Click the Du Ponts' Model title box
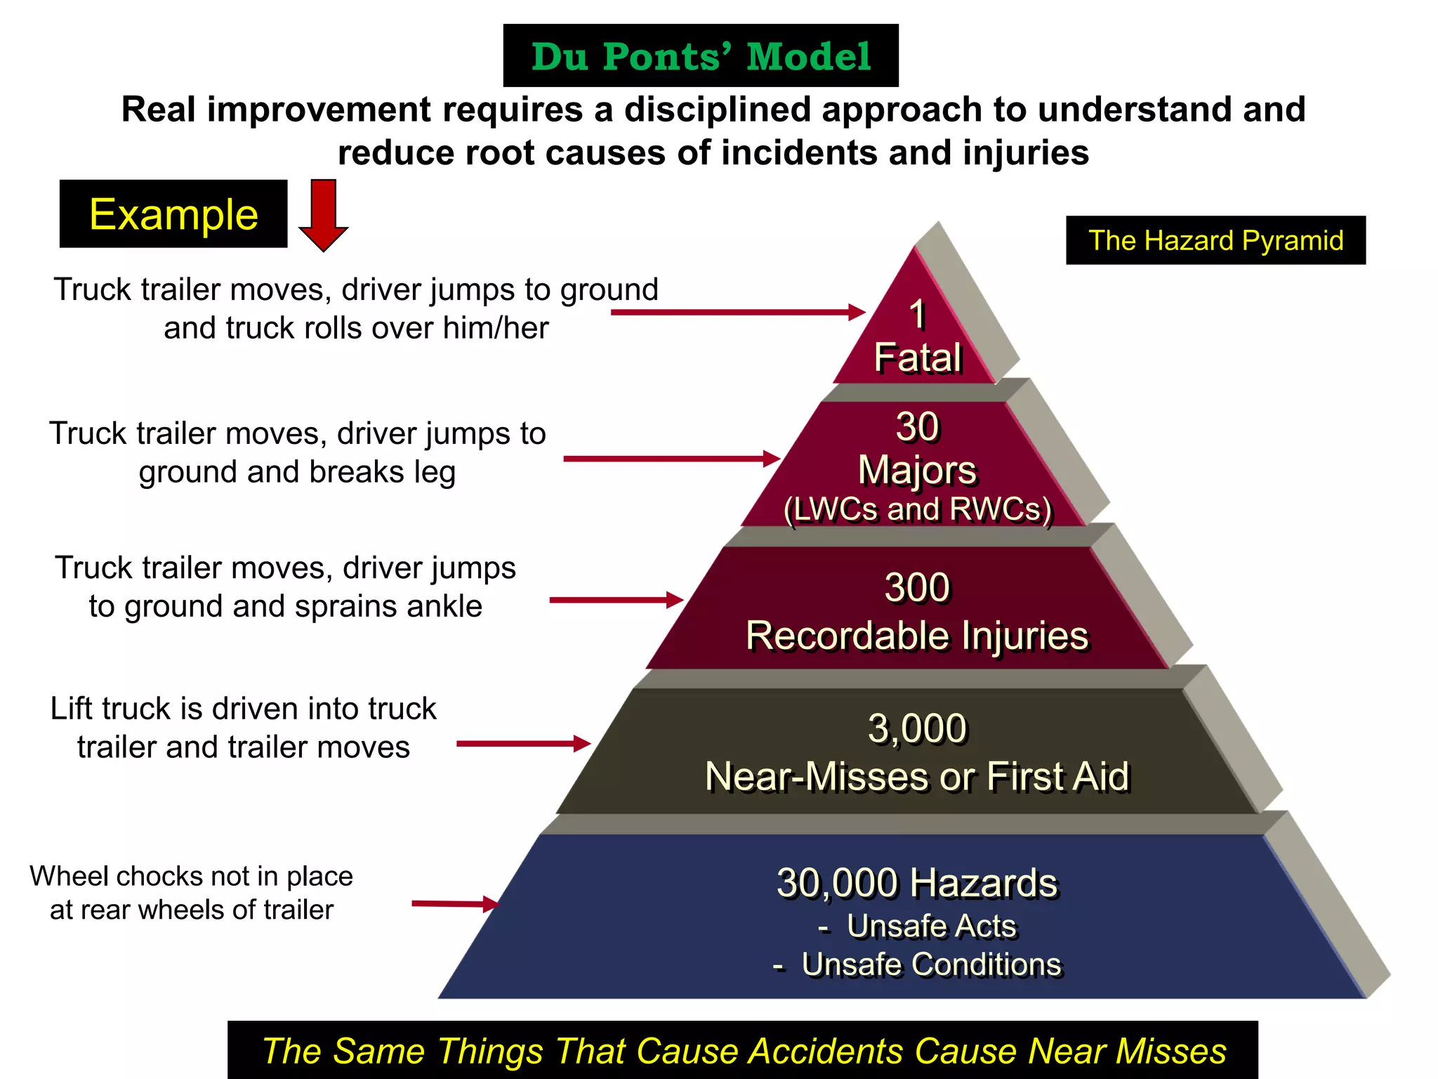click(x=701, y=55)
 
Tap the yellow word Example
click(x=173, y=214)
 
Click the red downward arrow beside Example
click(x=323, y=214)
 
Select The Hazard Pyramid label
click(x=1215, y=240)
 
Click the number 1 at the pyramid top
click(x=917, y=314)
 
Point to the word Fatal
click(x=917, y=358)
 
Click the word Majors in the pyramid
click(x=917, y=469)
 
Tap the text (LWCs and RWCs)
click(x=917, y=509)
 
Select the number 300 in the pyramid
click(x=917, y=587)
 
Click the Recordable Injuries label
click(x=917, y=636)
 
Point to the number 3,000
click(x=917, y=728)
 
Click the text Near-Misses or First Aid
click(x=917, y=777)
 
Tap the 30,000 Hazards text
click(x=917, y=883)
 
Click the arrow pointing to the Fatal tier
click(x=737, y=312)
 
